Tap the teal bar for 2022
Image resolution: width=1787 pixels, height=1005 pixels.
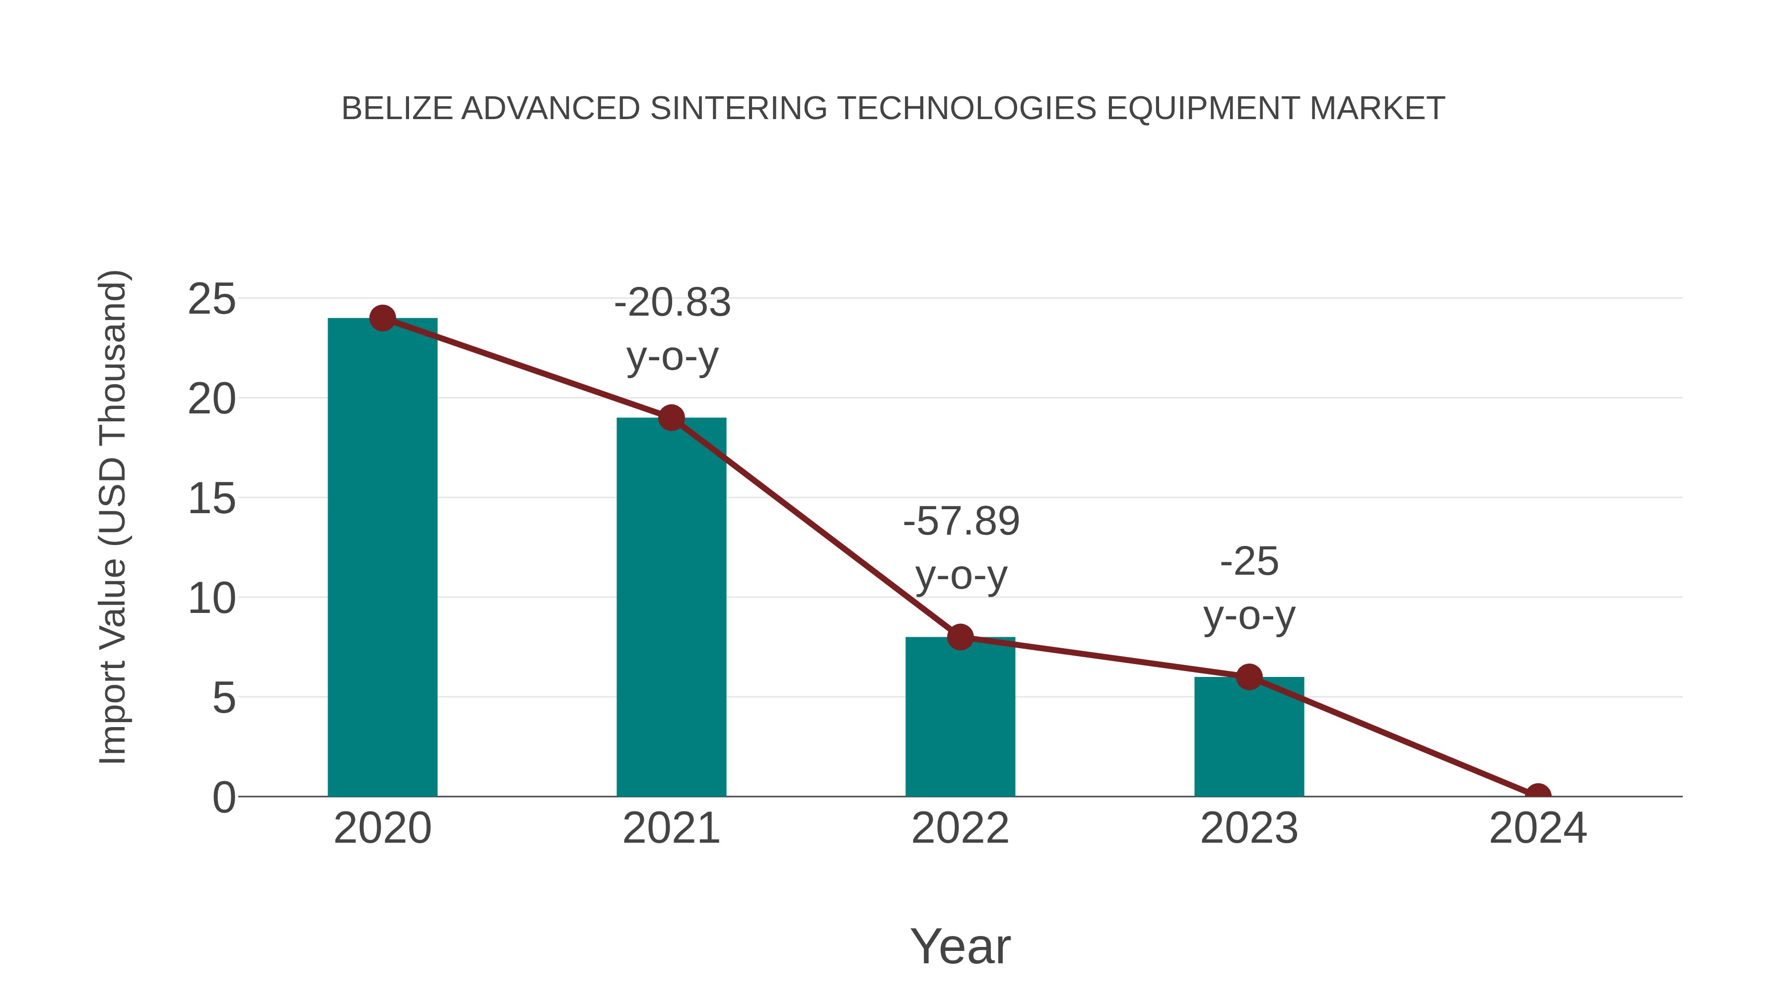[960, 721]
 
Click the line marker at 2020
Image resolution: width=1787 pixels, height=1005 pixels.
[382, 318]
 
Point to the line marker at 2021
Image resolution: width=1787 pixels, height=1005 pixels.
[671, 417]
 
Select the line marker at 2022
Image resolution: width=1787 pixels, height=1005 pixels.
[960, 637]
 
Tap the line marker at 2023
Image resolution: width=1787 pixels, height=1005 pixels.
[1249, 677]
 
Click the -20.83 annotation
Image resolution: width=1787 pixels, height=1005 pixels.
[672, 303]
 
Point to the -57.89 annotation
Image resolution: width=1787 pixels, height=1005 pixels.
[961, 522]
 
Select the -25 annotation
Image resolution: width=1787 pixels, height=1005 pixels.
[1249, 562]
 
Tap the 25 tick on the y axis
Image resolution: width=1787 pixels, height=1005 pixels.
[211, 300]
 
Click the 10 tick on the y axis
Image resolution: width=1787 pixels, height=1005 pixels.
[211, 599]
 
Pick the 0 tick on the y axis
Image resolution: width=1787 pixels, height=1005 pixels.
[223, 798]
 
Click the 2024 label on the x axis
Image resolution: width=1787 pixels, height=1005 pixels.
[1537, 828]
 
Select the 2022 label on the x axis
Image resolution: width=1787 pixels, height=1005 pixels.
[960, 828]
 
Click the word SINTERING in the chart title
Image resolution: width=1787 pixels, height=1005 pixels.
[738, 109]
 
